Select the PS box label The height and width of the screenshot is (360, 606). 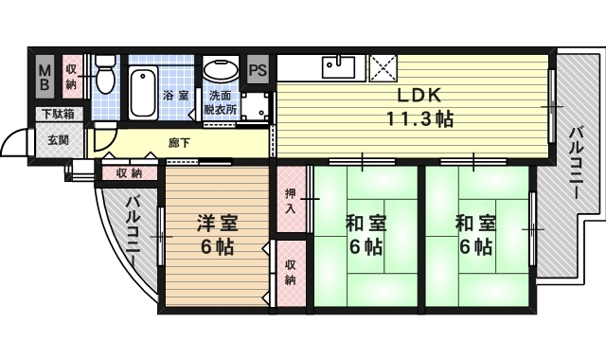coord(258,69)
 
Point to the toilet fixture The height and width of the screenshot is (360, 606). coord(104,74)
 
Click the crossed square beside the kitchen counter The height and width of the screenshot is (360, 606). coord(384,67)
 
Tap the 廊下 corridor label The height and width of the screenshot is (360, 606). coord(179,144)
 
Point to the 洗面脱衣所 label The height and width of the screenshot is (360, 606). coord(222,102)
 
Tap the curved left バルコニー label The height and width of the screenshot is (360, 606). coord(132,230)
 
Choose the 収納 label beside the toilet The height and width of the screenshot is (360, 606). coord(71,76)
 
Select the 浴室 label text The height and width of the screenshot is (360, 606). coord(175,96)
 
